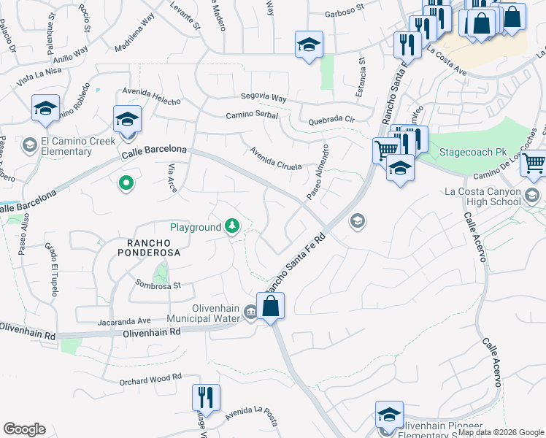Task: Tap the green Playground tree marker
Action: [232, 227]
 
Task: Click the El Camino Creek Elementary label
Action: [66, 146]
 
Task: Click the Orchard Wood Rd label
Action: [150, 379]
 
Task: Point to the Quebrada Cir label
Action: [331, 119]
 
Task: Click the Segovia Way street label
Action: [264, 97]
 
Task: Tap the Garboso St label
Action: [345, 10]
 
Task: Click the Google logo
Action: [25, 429]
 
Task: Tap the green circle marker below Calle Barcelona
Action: [126, 183]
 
